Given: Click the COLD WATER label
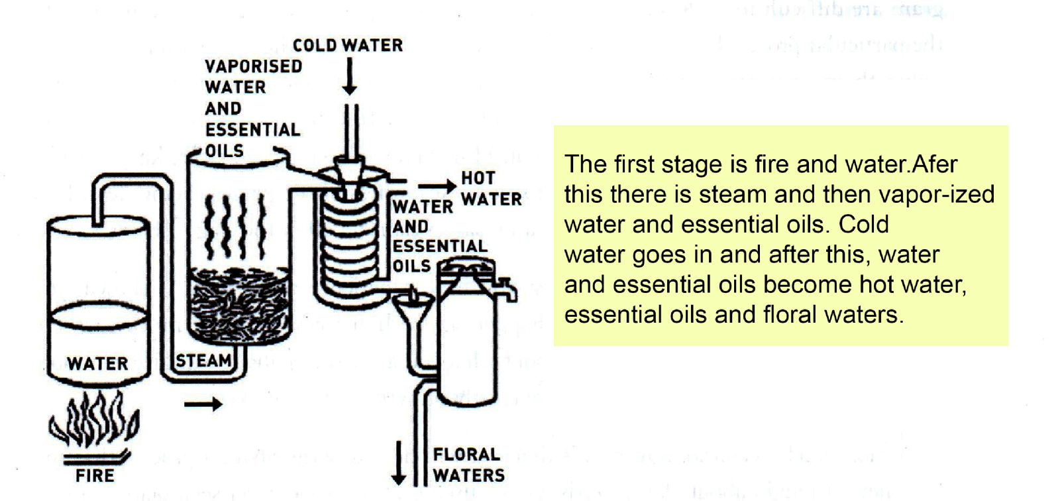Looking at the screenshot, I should [x=348, y=45].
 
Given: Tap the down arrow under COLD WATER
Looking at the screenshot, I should [x=349, y=77].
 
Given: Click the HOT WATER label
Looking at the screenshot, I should [x=491, y=188].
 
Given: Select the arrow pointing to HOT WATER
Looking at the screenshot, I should [x=437, y=188].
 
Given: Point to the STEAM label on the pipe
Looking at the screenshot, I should [x=203, y=361].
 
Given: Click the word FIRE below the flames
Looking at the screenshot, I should [x=95, y=476].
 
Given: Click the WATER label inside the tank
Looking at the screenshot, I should [x=97, y=364].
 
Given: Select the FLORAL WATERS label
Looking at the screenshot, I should [x=468, y=465].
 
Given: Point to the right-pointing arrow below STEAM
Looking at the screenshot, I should [x=203, y=404].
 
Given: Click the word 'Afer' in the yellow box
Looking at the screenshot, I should [x=935, y=164].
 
